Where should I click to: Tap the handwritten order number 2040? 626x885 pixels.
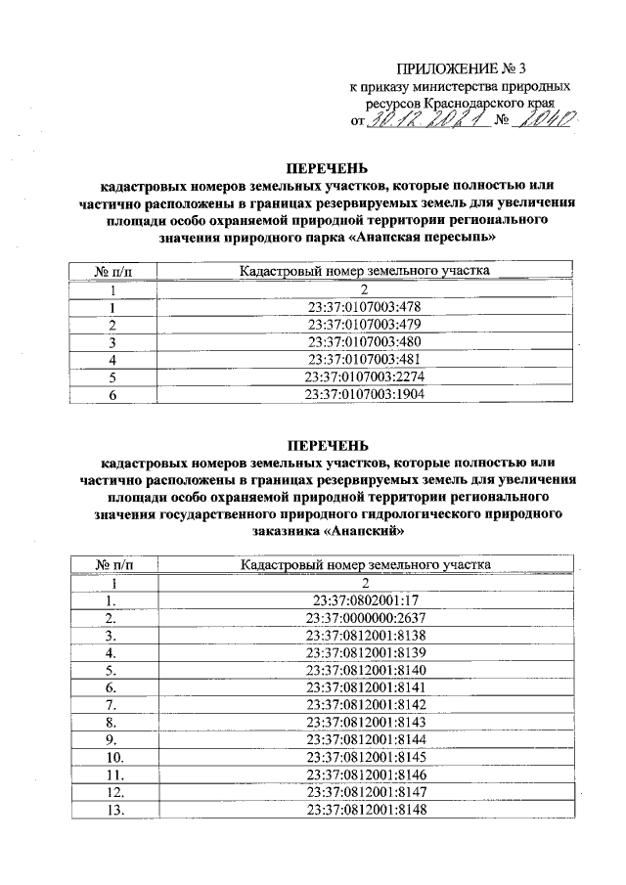(547, 120)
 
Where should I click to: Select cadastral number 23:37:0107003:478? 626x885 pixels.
(363, 307)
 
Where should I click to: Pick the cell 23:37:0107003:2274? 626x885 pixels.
(363, 377)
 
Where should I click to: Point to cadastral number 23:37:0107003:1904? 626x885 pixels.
(363, 395)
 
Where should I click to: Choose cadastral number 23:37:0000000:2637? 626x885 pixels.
(363, 619)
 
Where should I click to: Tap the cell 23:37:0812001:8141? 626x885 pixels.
(363, 688)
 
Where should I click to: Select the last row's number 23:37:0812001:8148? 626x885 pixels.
(363, 811)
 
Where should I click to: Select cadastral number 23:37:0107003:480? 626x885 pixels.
(363, 342)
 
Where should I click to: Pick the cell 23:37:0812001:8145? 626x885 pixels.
(363, 758)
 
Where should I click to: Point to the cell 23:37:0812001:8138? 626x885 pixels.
(363, 637)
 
